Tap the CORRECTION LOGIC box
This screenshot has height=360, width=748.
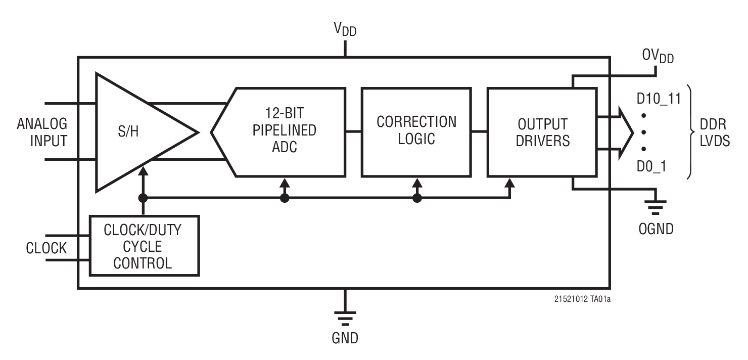point(416,131)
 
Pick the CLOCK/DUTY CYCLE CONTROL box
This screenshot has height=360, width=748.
point(144,246)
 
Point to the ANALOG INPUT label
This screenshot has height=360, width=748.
point(41,132)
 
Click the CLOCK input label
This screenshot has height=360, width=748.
point(46,248)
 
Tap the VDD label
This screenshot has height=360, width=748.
point(345,29)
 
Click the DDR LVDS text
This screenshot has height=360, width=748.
point(712,133)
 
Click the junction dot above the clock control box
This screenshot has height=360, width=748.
point(144,198)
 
